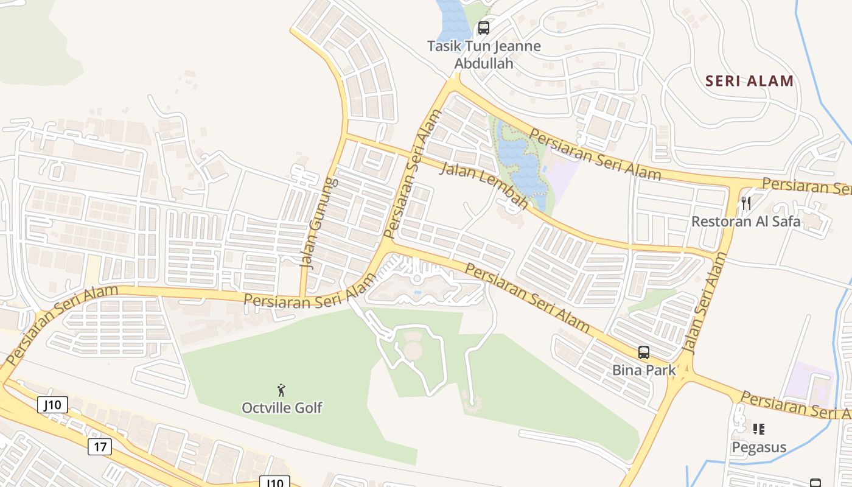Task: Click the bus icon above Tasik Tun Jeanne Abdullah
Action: [x=483, y=27]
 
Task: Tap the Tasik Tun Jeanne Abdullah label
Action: [x=484, y=54]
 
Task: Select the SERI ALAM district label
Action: [x=749, y=80]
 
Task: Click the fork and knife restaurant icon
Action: [x=746, y=203]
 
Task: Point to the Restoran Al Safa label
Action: [x=745, y=222]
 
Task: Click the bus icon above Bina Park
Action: [x=644, y=352]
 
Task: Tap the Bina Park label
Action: [x=644, y=370]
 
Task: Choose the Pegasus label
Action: [x=758, y=447]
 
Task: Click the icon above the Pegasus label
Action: [x=758, y=429]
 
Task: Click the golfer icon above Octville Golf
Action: [x=281, y=390]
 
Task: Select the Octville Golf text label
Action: [x=282, y=407]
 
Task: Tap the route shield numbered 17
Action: [x=100, y=447]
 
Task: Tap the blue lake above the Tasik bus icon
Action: [x=453, y=18]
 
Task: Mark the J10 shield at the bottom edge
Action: [x=274, y=482]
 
